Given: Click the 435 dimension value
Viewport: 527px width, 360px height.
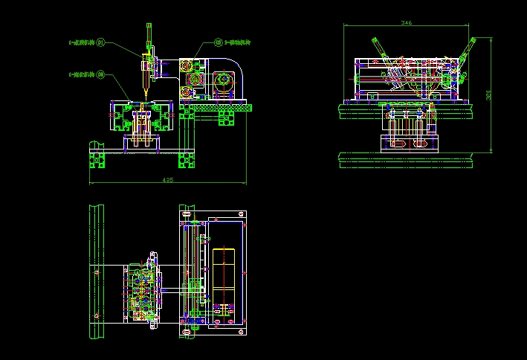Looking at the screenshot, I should pos(167,180).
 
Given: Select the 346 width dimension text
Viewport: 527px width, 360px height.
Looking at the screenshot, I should pos(407,23).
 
